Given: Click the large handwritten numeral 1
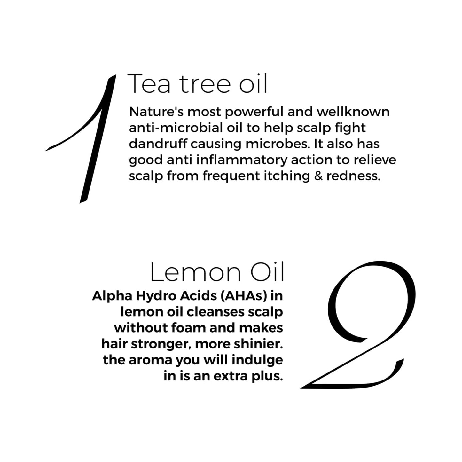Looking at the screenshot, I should (x=96, y=141).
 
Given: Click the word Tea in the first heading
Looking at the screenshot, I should (x=149, y=84).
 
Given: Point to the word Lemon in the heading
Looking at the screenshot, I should (x=195, y=272).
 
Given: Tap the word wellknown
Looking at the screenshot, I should (x=353, y=112).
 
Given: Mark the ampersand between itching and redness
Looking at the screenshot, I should (x=318, y=176).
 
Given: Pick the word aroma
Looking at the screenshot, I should (x=150, y=360).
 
